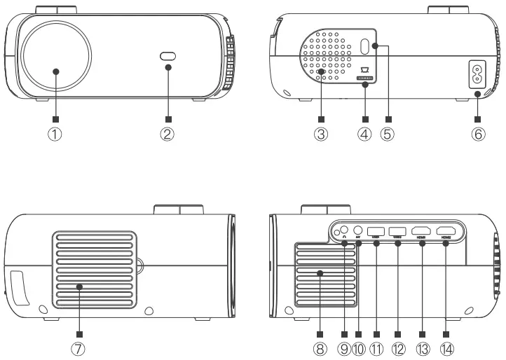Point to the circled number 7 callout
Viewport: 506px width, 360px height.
(80, 349)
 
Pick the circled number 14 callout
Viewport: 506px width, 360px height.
(446, 349)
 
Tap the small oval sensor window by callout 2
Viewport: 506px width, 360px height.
(168, 57)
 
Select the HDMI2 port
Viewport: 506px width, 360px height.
(446, 231)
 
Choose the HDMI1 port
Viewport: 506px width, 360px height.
(422, 231)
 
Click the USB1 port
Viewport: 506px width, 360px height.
(376, 231)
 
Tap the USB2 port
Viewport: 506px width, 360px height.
(397, 231)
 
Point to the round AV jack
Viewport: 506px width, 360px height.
(358, 230)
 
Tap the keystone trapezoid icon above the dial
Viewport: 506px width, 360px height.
(363, 70)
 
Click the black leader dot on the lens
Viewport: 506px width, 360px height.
(55, 71)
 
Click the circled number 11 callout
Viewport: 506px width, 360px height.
(376, 349)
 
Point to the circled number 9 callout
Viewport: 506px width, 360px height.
(343, 349)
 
